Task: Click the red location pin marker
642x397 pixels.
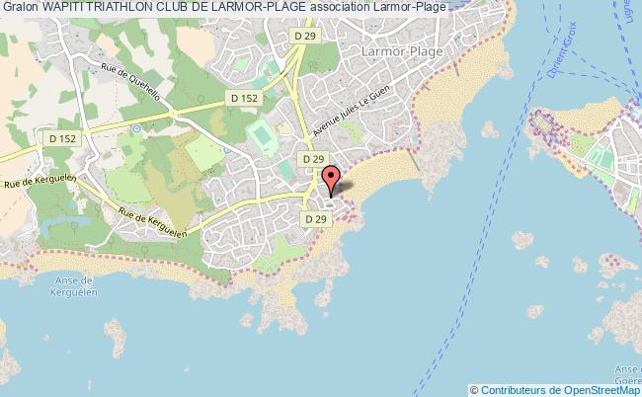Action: point(332,179)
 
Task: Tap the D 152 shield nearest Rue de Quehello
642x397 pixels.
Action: point(242,98)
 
